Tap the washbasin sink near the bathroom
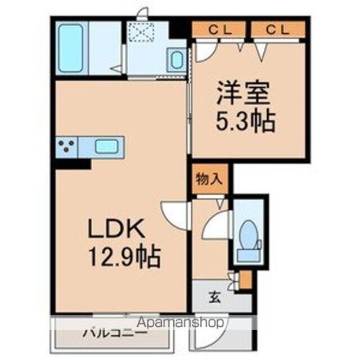[176, 59]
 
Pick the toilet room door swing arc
[214, 228]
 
